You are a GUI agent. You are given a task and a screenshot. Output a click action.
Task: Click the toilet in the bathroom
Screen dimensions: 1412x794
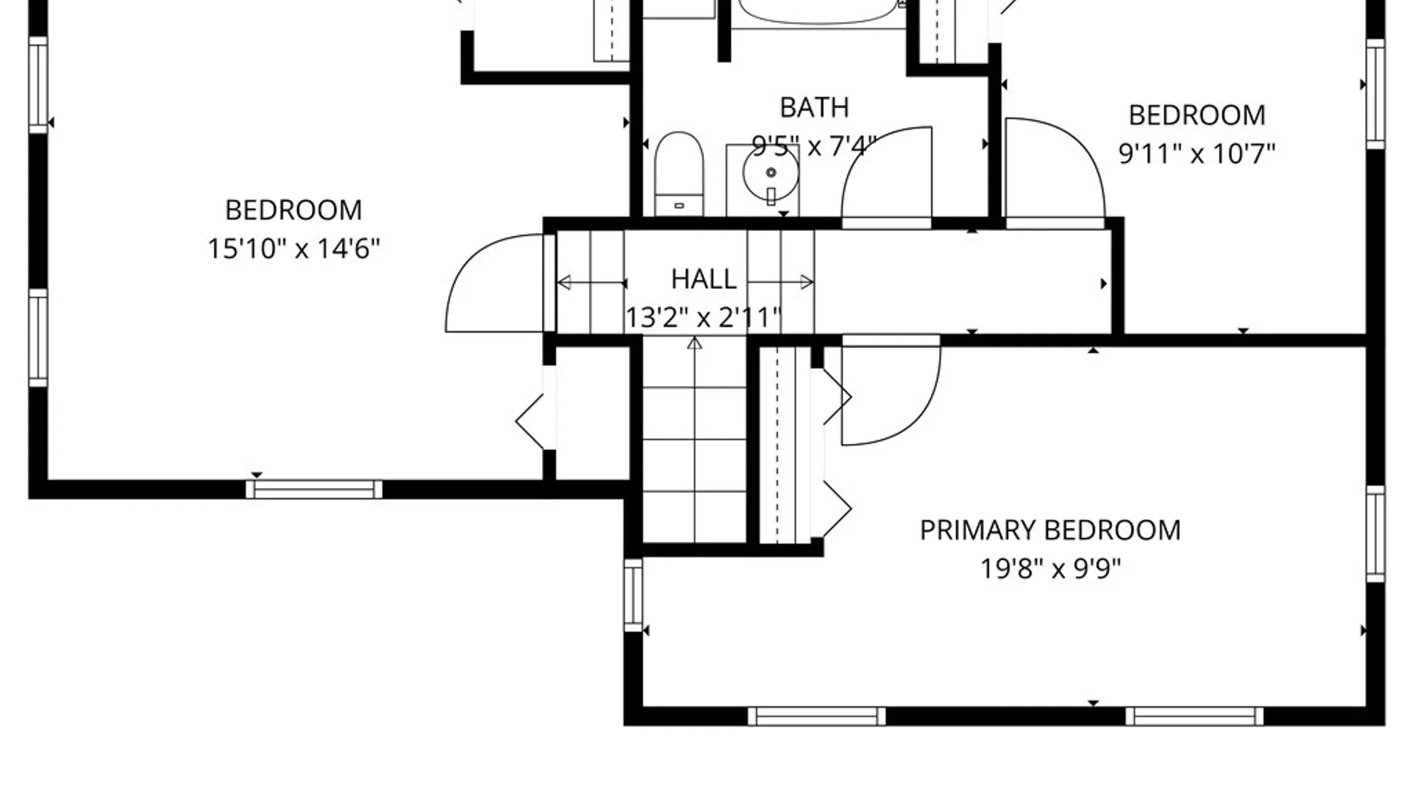coord(679,174)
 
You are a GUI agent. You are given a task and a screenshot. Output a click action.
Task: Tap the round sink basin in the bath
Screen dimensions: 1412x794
coord(771,174)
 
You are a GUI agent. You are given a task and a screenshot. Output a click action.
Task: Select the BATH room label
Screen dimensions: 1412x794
coord(814,107)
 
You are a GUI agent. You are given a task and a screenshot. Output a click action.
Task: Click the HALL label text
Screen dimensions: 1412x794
coord(704,279)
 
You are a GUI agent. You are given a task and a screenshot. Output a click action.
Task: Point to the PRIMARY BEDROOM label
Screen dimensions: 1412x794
coord(1050,530)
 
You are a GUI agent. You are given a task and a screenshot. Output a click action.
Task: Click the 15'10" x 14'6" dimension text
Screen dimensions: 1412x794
coord(293,248)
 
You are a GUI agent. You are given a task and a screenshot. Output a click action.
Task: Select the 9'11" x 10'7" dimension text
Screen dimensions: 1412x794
coord(1197,154)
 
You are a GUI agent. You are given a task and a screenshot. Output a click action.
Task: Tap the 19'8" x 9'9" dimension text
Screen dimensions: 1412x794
coord(1050,568)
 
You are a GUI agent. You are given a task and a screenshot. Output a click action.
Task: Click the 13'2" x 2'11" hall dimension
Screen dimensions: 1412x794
coord(703,318)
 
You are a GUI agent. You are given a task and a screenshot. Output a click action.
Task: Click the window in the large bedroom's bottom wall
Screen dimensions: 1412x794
coord(314,490)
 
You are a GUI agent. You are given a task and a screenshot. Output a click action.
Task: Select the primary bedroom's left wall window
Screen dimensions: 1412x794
coord(633,595)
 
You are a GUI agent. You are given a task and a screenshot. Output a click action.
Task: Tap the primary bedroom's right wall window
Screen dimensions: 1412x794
coord(1376,534)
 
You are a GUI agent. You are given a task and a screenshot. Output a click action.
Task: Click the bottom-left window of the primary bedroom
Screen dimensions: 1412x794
coord(817,716)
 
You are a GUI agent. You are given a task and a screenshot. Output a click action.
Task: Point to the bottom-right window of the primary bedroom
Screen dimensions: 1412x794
coord(1194,716)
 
